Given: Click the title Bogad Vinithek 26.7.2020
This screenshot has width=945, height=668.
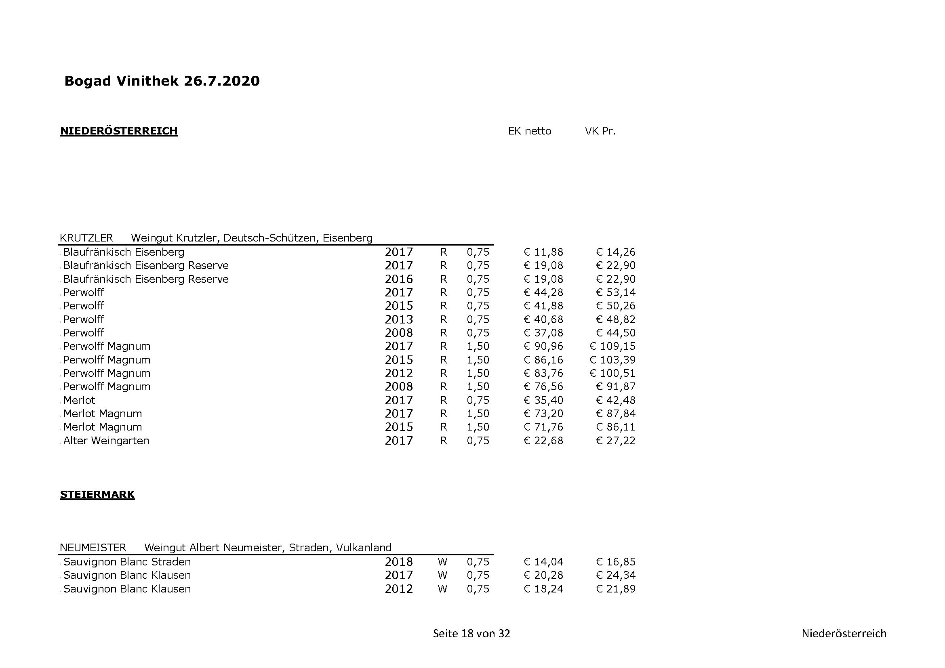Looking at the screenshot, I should click(162, 81).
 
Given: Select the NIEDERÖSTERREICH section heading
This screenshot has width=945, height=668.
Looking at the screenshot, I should click(119, 131).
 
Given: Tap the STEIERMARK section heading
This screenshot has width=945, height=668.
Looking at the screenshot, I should click(97, 494).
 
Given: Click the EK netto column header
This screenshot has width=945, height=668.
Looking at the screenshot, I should click(529, 131).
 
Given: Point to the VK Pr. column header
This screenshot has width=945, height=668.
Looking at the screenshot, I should click(600, 131).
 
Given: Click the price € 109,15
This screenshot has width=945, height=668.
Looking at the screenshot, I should click(612, 347).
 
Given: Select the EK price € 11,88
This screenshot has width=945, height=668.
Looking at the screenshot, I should click(543, 252).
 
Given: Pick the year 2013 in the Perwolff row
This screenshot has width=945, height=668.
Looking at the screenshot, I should click(398, 319).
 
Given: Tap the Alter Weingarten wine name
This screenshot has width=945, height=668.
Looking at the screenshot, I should click(106, 441).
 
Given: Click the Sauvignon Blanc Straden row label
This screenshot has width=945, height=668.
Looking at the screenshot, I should click(127, 562).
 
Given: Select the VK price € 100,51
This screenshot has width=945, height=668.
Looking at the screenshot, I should click(612, 374).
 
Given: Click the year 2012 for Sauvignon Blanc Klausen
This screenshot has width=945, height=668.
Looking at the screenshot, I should click(398, 589).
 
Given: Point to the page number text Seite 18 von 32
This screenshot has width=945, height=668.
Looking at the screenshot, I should click(471, 633).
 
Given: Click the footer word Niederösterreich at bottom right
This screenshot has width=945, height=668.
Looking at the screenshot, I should click(844, 633).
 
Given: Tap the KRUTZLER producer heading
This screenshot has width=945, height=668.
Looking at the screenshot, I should click(86, 238).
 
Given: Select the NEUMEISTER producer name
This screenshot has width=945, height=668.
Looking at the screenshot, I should click(93, 548).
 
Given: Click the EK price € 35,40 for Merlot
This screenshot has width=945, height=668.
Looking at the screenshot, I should click(543, 400).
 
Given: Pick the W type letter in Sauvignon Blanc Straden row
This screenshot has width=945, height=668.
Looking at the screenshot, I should click(442, 562).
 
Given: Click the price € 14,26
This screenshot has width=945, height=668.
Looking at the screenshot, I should click(616, 252).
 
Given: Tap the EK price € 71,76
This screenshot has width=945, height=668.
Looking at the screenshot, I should click(543, 427).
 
